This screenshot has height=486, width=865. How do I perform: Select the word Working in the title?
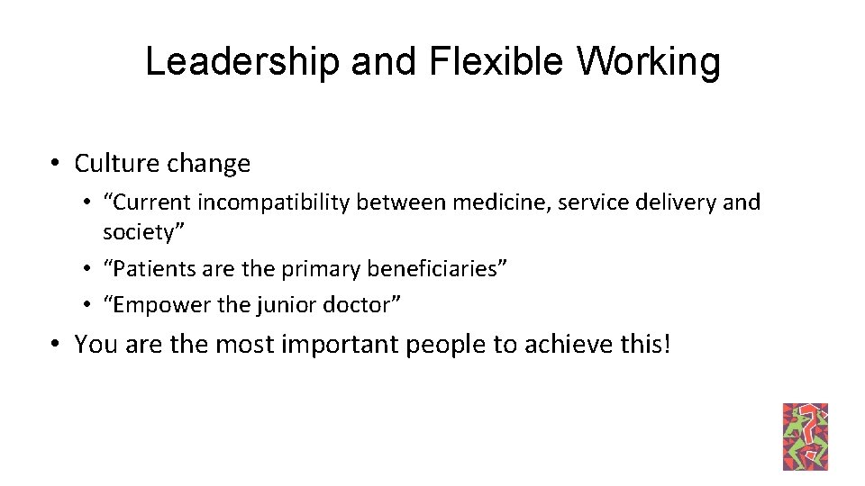pos(649,62)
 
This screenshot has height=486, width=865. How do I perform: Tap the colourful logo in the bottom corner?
pos(806,436)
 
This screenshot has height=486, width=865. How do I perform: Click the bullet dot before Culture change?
pos(56,164)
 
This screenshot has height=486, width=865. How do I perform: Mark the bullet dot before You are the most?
pos(56,344)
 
